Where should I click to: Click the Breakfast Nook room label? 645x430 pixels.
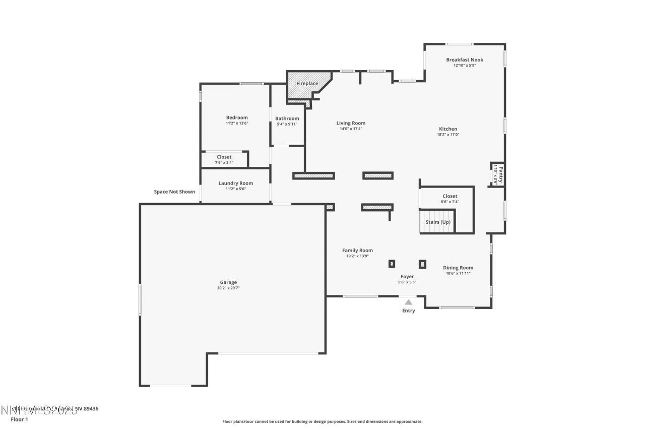[x=464, y=59]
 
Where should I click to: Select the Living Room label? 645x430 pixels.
[x=351, y=123]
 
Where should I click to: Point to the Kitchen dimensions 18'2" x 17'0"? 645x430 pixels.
[x=447, y=135]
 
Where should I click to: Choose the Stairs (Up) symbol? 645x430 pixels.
[x=437, y=222]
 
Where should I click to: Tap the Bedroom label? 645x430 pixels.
[x=237, y=117]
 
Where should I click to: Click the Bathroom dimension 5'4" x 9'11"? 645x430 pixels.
[x=287, y=124]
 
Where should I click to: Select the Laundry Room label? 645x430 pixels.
[x=235, y=183]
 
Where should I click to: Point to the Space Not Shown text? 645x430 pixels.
[x=174, y=192]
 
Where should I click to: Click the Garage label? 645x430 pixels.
[x=228, y=282]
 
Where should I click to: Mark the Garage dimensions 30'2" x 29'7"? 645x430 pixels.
[x=228, y=288]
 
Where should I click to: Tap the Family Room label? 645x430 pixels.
[x=357, y=250]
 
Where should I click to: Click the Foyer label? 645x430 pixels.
[x=407, y=276]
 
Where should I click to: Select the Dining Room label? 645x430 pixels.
[x=458, y=268]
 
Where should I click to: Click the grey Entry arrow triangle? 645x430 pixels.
[x=409, y=302]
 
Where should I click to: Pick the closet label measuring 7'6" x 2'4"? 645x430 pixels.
[x=224, y=157]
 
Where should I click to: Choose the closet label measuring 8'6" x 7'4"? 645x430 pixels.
[x=450, y=196]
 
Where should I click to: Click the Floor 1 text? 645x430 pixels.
[x=19, y=419]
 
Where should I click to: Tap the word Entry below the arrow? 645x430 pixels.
[x=409, y=311]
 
